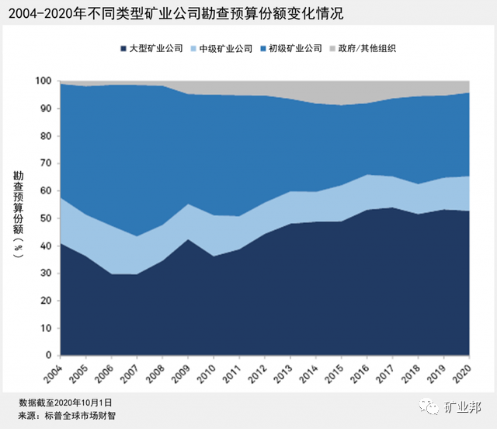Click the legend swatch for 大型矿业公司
coord(124,48)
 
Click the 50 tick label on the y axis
coord(45,218)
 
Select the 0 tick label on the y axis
coord(48,356)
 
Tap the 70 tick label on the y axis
coord(45,164)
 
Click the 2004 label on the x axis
coord(53,375)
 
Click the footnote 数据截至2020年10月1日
coord(66,403)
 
